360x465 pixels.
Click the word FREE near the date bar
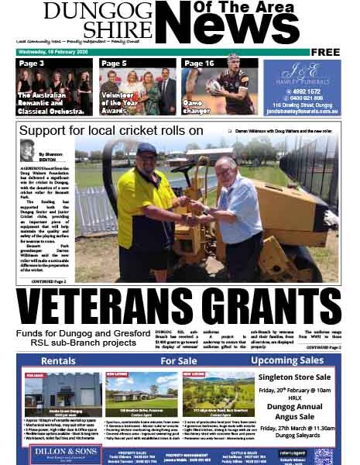pyautogui.click(x=326, y=52)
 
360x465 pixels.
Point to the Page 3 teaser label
pyautogui.click(x=31, y=64)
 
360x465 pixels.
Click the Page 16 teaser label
pyautogui.click(x=199, y=64)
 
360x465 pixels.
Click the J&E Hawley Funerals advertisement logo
pyautogui.click(x=301, y=74)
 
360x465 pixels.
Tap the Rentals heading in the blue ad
pyautogui.click(x=58, y=361)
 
